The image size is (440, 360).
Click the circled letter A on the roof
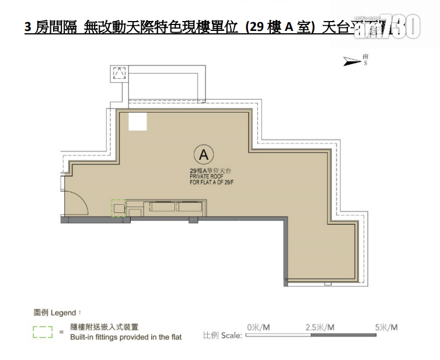pyautogui.click(x=203, y=155)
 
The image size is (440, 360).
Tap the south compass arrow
pyautogui.click(x=352, y=60)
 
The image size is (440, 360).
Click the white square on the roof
pyautogui.click(x=137, y=121)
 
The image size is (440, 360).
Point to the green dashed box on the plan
pyautogui.click(x=118, y=208)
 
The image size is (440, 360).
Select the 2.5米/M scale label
pyautogui.click(x=320, y=328)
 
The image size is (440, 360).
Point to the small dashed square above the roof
pyautogui.click(x=119, y=74)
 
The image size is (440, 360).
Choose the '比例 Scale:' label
pyautogui.click(x=222, y=336)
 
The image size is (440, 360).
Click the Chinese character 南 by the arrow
pyautogui.click(x=365, y=56)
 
